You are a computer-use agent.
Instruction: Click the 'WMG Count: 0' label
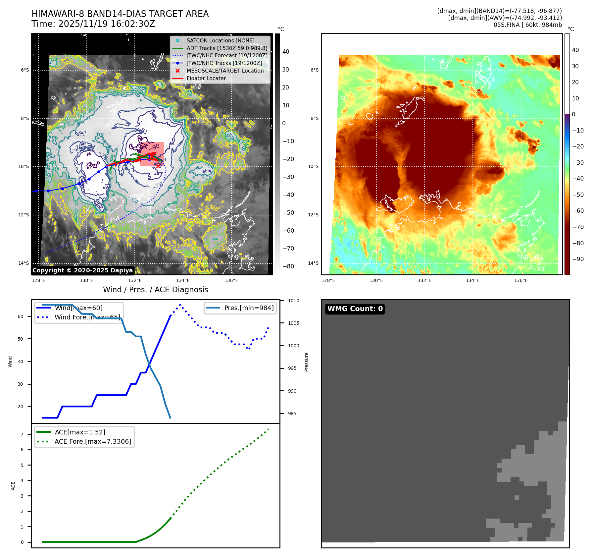tap(355, 309)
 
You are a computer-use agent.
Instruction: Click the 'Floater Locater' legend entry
tap(206, 79)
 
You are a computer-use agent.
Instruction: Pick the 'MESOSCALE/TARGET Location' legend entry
tap(225, 71)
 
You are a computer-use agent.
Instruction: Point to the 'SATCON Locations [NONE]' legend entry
tap(221, 40)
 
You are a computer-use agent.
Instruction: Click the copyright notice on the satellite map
tap(82, 270)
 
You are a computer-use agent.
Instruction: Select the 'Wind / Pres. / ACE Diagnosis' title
tap(156, 290)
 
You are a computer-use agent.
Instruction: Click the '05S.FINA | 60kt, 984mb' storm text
tap(527, 25)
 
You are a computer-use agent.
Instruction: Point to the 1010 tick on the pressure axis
tap(293, 301)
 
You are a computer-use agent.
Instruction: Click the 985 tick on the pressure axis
tap(292, 414)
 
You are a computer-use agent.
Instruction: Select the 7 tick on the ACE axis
tap(22, 434)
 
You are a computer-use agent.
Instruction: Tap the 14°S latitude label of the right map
tap(313, 263)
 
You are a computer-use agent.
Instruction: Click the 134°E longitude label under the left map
tap(183, 280)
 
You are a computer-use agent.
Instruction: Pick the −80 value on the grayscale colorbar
tap(288, 266)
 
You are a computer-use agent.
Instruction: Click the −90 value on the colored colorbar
tap(578, 259)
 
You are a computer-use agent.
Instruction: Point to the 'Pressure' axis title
tap(306, 362)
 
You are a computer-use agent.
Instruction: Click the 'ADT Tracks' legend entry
tap(227, 48)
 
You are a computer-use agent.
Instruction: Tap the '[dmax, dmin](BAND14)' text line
tap(499, 11)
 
